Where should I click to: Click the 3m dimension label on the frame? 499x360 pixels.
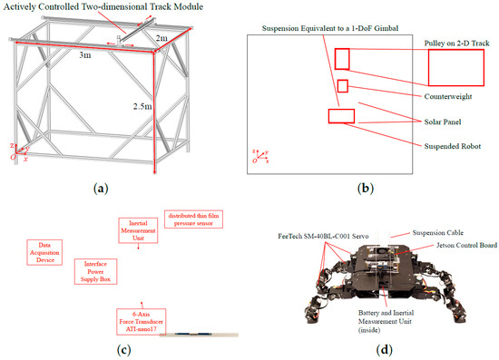pos(85,55)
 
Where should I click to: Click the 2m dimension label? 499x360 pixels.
pos(161,38)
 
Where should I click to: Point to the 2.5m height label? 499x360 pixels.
pos(142,106)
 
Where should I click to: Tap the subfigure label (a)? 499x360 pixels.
pos(101,189)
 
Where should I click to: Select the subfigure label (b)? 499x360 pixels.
pos(366,189)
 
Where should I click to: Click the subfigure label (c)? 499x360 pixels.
pos(123,350)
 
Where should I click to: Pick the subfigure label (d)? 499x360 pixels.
pos(384,350)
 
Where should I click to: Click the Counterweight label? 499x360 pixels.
pos(448,96)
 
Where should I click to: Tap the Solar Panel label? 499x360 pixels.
pos(443,122)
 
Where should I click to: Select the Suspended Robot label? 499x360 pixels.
pos(453,146)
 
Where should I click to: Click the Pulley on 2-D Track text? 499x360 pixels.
pos(456,44)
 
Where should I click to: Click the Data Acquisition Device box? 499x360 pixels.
pos(44,252)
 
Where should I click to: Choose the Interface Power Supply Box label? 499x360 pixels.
pos(95,272)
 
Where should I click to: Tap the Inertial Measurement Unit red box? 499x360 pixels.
pos(138,230)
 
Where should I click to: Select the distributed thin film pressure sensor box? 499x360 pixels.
pos(193,219)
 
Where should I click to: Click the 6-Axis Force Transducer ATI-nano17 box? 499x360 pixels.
pos(141,322)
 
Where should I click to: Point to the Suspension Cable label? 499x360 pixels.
pos(438,233)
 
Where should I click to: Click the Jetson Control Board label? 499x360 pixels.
pos(466,245)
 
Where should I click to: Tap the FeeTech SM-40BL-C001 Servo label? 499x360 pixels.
pos(323,237)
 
